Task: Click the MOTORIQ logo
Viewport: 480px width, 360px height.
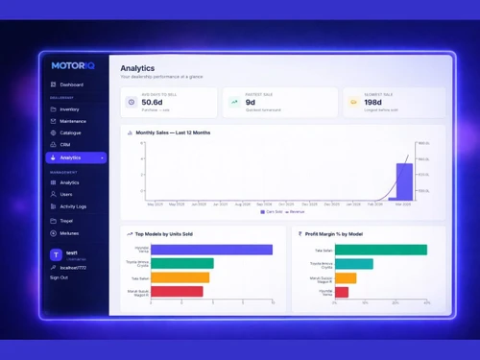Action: tap(72, 65)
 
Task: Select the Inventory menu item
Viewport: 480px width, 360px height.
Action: tap(69, 109)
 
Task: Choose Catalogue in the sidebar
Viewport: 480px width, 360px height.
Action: tap(70, 133)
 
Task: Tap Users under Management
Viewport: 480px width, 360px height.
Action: tap(66, 194)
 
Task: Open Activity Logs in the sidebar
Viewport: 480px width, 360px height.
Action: tap(73, 206)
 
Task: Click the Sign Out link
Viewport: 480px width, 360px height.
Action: tap(59, 277)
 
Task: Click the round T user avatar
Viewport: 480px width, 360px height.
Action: tap(56, 255)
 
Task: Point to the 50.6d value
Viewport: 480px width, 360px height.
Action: tap(152, 102)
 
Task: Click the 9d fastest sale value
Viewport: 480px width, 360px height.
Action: tap(251, 102)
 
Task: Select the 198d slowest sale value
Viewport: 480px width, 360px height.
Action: tap(372, 102)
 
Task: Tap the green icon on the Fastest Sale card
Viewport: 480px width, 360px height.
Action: tap(234, 101)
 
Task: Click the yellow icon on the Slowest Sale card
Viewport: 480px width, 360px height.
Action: tap(353, 101)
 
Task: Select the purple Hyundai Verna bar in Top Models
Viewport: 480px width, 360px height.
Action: tap(211, 250)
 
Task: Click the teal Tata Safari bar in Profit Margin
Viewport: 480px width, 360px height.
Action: tap(380, 250)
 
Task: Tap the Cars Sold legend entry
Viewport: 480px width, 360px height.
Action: tap(273, 211)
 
